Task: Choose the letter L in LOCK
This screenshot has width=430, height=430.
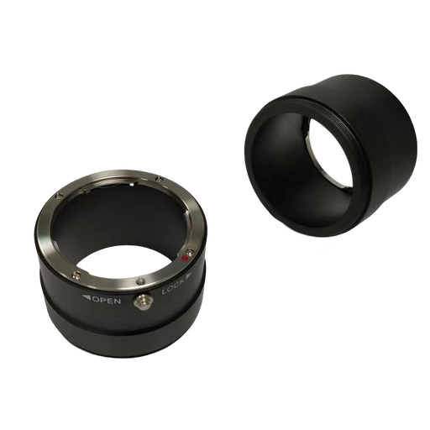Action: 163,293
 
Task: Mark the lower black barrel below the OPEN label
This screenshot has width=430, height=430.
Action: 109,336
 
